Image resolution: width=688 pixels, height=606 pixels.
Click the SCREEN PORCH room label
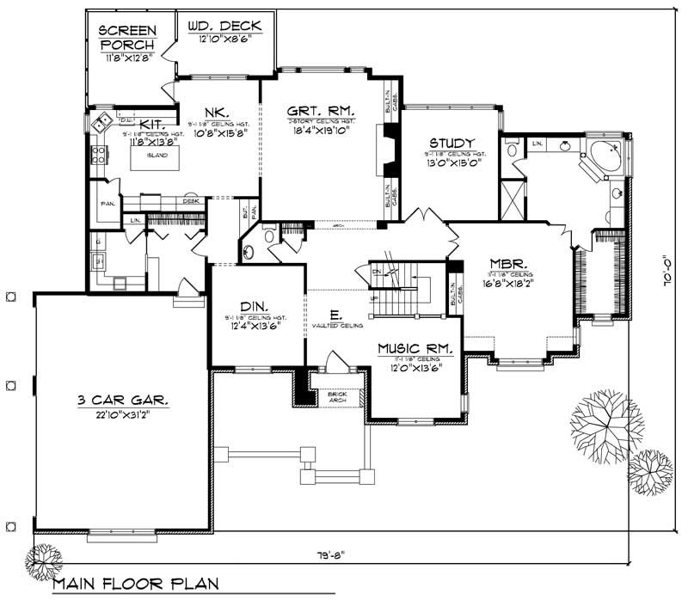(127, 36)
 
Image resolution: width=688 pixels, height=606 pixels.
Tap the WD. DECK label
(224, 26)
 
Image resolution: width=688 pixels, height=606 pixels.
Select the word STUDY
(451, 143)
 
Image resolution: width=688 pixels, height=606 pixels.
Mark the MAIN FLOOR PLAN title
(136, 584)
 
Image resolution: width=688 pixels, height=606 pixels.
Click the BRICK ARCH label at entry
(330, 396)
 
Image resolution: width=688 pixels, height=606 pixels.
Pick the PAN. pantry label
(107, 205)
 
